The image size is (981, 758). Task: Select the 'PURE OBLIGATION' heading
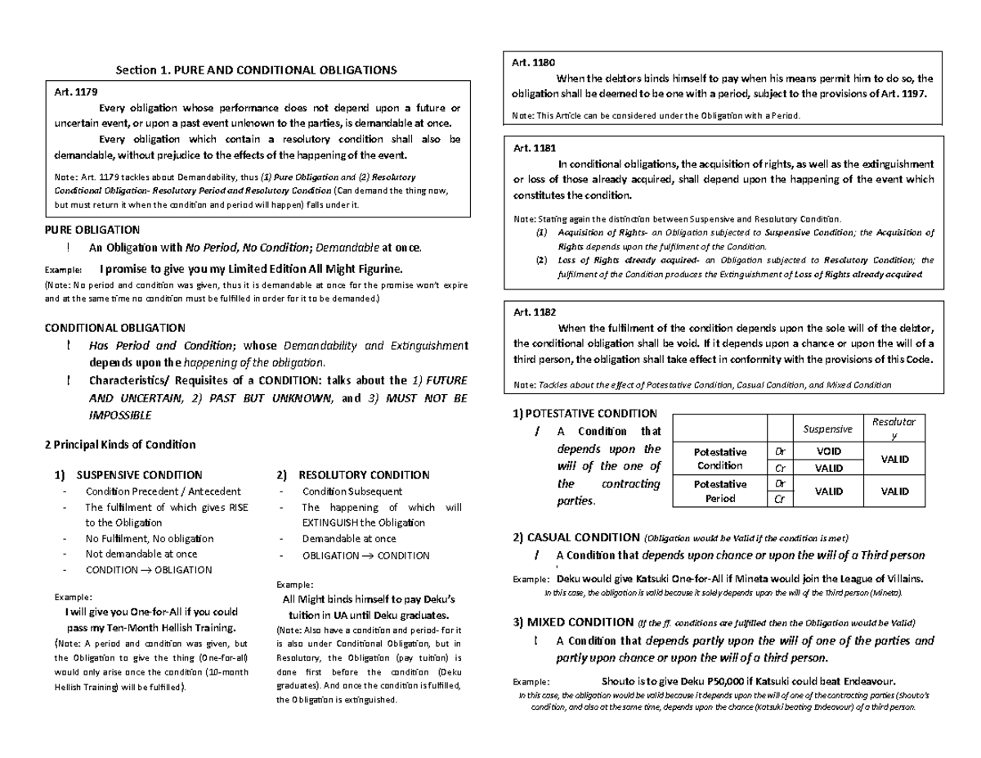[x=91, y=230]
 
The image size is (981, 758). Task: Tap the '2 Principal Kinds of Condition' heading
[x=119, y=445]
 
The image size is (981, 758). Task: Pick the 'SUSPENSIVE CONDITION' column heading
[x=138, y=474]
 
